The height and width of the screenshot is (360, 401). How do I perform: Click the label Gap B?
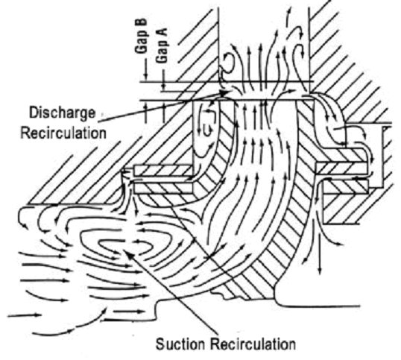pyautogui.click(x=141, y=36)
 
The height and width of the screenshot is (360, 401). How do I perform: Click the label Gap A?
pyautogui.click(x=162, y=45)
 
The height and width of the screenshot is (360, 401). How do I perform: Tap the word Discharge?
pyautogui.click(x=62, y=113)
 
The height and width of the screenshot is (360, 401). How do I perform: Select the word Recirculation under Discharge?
pyautogui.click(x=63, y=133)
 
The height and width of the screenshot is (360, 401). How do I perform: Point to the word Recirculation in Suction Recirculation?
pyautogui.click(x=253, y=344)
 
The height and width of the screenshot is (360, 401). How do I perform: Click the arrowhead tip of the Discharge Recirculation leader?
pyautogui.click(x=230, y=92)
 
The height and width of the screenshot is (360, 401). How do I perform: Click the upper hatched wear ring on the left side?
pyautogui.click(x=162, y=170)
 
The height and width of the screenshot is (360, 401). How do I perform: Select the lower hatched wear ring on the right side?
pyautogui.click(x=346, y=186)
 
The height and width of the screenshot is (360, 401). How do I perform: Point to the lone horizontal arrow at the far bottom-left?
pyautogui.click(x=25, y=315)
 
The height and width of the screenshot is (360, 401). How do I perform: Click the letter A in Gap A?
pyautogui.click(x=162, y=32)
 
